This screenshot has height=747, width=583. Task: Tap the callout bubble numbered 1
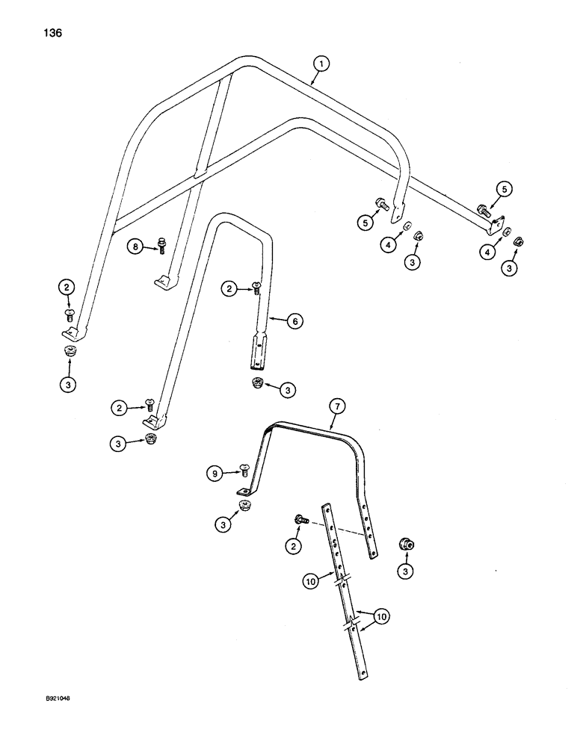pyautogui.click(x=320, y=65)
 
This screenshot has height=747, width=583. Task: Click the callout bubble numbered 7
pyautogui.click(x=336, y=407)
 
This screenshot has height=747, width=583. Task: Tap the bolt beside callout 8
pyautogui.click(x=161, y=245)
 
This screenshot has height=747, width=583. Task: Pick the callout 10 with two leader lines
pyautogui.click(x=381, y=616)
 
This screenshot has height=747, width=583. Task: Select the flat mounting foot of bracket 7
pyautogui.click(x=243, y=492)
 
